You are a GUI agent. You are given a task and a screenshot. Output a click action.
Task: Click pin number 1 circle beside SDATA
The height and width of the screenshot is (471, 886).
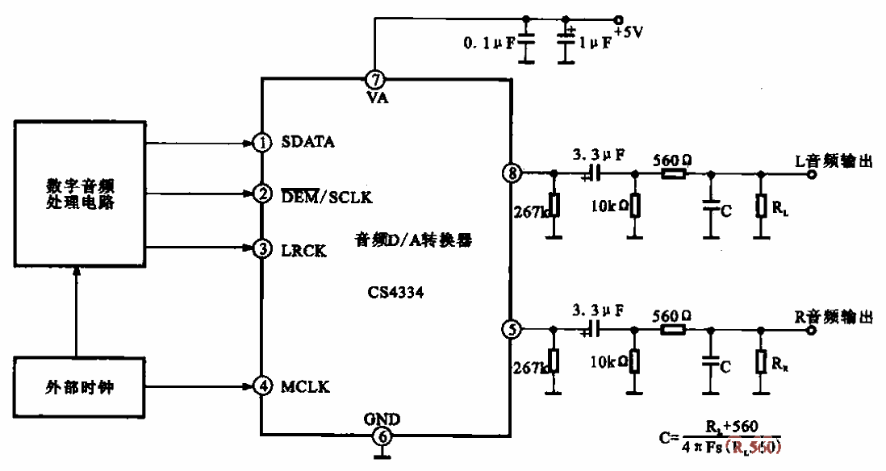(x=262, y=144)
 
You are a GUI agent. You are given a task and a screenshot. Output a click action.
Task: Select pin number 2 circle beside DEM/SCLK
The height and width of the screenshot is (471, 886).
(x=262, y=194)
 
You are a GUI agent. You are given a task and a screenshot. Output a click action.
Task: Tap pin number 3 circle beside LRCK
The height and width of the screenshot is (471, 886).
(x=262, y=249)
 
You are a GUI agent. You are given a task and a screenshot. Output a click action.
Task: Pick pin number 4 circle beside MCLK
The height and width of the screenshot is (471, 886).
(x=262, y=386)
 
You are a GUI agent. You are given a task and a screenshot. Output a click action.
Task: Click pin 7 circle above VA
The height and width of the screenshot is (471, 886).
(x=375, y=79)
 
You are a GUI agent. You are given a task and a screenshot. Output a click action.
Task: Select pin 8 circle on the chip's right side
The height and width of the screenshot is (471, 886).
(x=512, y=172)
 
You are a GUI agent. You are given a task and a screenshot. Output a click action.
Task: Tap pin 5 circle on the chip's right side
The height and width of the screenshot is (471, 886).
(x=512, y=329)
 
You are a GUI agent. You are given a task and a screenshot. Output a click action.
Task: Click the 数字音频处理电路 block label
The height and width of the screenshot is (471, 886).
(x=77, y=194)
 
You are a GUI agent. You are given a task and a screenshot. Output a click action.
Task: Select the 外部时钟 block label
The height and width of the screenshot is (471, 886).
(x=77, y=386)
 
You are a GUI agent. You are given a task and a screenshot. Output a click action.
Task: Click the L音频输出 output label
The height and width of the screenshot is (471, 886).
(x=834, y=160)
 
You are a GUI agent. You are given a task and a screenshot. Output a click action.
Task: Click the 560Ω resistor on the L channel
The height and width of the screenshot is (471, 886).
(x=673, y=173)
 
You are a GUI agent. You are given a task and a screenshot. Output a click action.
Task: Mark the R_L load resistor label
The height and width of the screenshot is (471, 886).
(x=779, y=209)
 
